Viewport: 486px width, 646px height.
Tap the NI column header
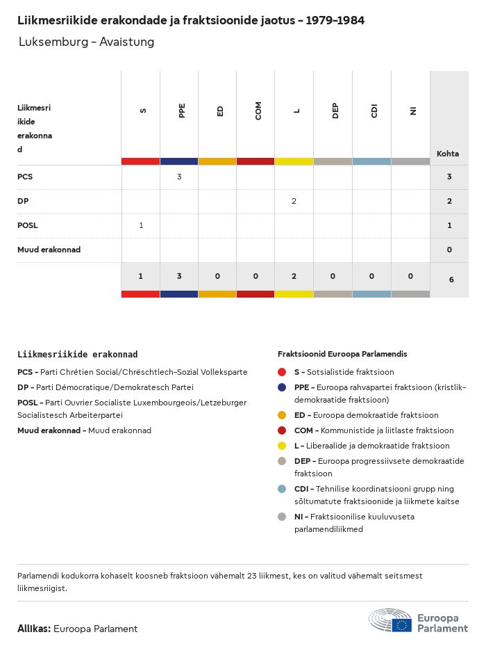click(412, 111)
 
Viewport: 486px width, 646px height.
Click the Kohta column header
click(448, 154)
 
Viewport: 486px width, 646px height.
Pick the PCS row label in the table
click(25, 177)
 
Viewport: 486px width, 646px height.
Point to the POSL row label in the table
click(28, 225)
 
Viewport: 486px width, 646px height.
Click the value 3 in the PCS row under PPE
click(179, 177)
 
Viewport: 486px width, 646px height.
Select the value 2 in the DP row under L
click(294, 201)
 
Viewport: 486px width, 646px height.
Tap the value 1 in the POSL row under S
click(141, 225)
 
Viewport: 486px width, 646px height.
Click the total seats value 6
click(451, 280)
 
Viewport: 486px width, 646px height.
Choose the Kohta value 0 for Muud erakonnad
click(449, 250)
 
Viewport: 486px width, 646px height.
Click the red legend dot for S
click(282, 373)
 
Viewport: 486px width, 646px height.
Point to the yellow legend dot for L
click(282, 446)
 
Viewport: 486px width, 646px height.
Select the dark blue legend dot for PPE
click(282, 388)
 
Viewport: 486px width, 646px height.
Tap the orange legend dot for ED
click(282, 416)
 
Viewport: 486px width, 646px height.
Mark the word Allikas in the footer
click(33, 629)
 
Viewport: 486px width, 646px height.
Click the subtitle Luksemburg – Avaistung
click(86, 42)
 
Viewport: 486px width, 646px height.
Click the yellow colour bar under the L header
click(294, 161)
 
